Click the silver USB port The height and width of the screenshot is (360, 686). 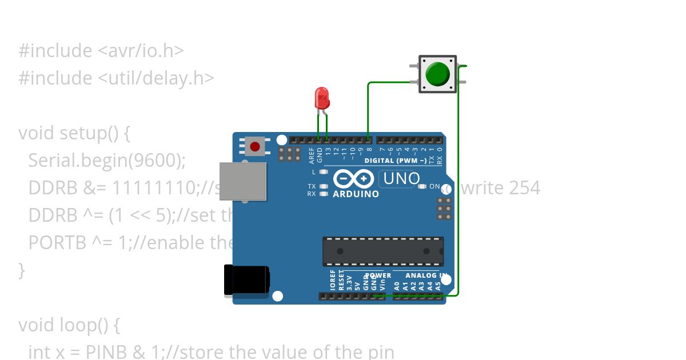click(x=243, y=181)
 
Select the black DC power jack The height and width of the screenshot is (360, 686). click(x=246, y=281)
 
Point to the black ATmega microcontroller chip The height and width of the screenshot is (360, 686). click(x=383, y=251)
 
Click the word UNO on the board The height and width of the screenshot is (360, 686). click(x=401, y=179)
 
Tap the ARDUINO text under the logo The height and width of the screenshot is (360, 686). click(x=356, y=194)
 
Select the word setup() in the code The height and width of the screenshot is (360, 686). click(x=95, y=133)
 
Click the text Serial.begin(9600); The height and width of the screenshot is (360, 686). click(x=107, y=161)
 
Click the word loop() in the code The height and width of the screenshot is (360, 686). click(x=92, y=325)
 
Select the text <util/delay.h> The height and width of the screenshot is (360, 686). click(x=156, y=78)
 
